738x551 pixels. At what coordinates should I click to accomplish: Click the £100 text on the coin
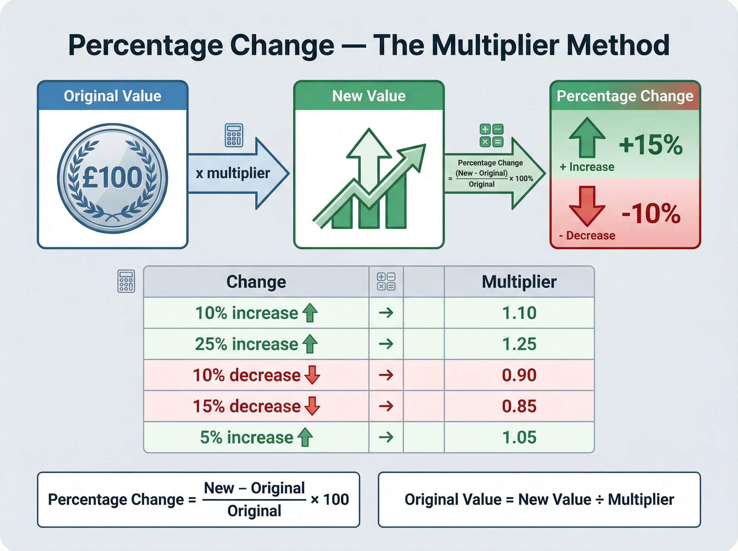[112, 177]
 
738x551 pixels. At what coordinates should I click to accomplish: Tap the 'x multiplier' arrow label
[233, 173]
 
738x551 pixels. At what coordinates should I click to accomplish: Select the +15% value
[651, 145]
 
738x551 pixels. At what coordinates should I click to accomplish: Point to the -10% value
[651, 213]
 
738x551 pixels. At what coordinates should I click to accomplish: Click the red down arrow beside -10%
[587, 205]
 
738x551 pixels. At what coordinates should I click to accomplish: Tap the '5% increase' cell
[256, 437]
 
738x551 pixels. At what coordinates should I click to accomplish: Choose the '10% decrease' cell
[256, 375]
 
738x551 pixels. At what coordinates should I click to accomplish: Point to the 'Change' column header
[256, 282]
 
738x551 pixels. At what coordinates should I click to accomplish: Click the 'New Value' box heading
[369, 96]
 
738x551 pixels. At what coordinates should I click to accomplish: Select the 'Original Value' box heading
[113, 96]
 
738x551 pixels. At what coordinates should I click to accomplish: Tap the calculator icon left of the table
[126, 281]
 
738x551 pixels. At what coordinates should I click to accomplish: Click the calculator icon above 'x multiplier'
[234, 135]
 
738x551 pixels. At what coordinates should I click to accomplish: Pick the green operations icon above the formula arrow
[491, 135]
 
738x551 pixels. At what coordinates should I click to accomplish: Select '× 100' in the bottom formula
[329, 499]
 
